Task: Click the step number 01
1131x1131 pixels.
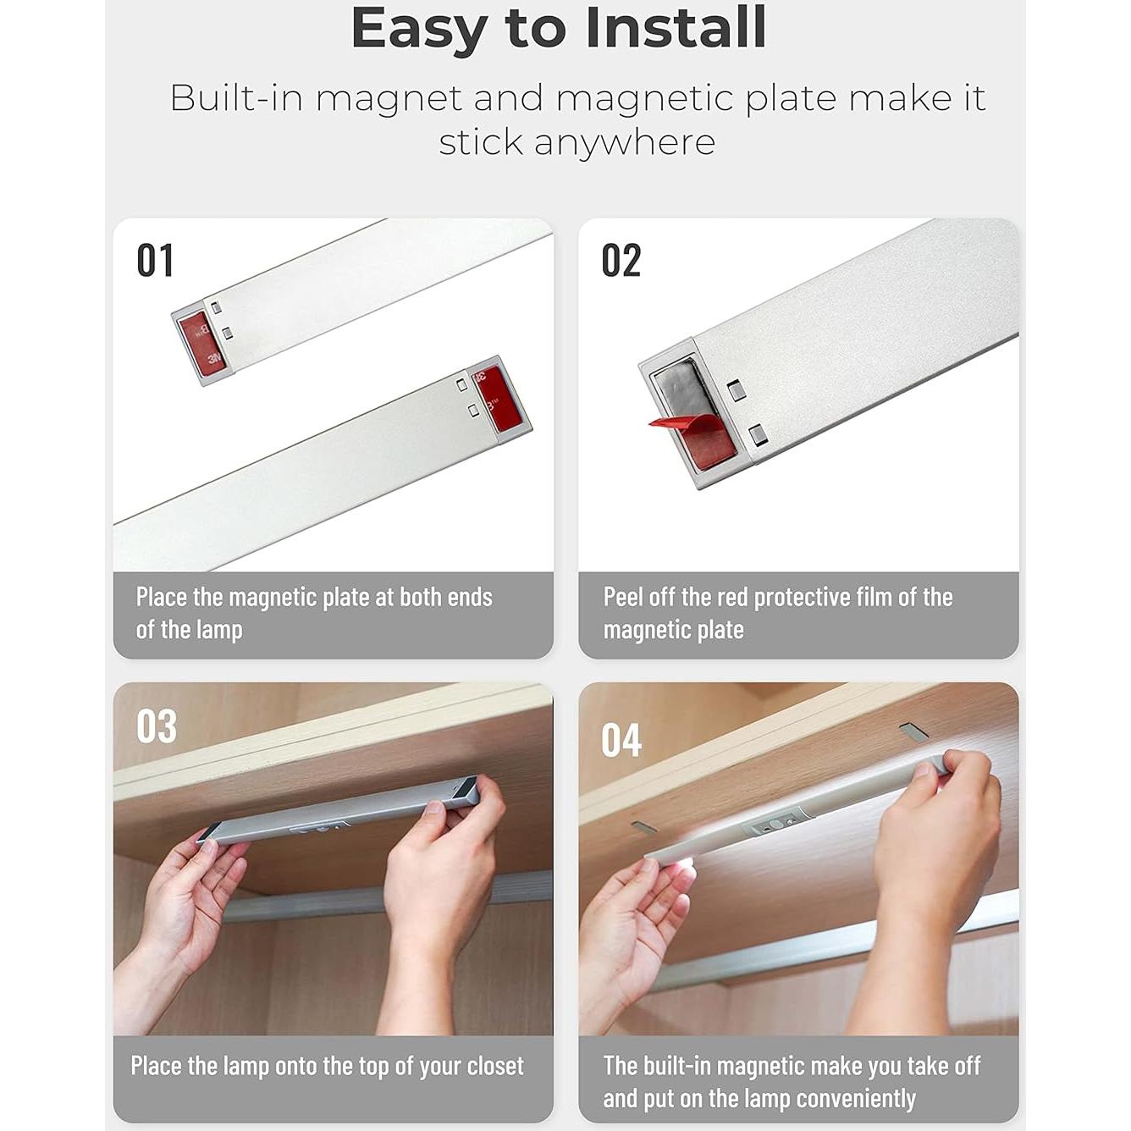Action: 155,260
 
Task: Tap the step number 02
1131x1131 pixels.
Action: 621,260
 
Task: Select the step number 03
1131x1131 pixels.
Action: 157,726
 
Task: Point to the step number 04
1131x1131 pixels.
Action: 621,741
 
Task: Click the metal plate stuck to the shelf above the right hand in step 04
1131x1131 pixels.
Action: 913,730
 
